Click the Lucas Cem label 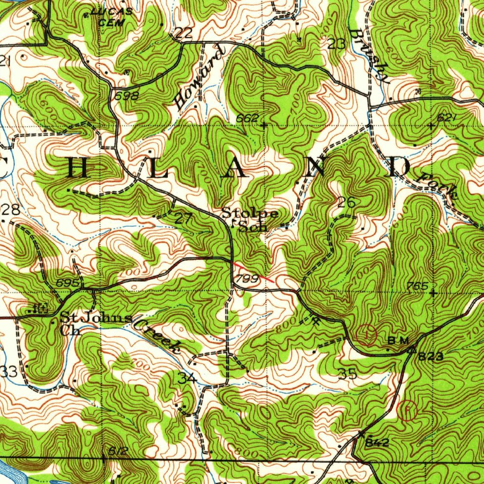point(112,17)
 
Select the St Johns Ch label point(95,322)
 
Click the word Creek point(157,336)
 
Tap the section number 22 point(182,33)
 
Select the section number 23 point(336,44)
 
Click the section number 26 point(346,203)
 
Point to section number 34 point(187,378)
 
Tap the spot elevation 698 point(127,96)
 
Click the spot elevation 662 point(247,118)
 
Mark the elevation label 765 point(418,286)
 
